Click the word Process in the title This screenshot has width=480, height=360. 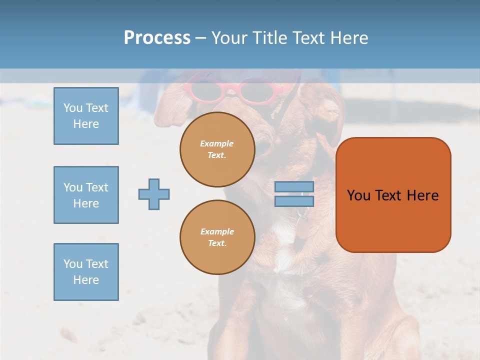coord(157,38)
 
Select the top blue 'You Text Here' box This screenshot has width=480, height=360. coord(86,116)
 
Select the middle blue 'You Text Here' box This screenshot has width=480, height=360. coord(86,195)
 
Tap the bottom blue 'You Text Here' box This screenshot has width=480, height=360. coord(86,272)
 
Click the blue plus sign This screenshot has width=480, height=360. coord(154,194)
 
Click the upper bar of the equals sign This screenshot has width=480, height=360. coord(294,187)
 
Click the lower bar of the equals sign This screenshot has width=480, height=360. coord(294,201)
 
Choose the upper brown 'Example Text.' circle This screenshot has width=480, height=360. coord(217,149)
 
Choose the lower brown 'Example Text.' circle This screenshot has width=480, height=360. coord(217,237)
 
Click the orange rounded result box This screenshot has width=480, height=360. coord(393,220)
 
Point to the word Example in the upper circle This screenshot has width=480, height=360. coord(217,143)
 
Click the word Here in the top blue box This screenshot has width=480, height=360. coord(86,124)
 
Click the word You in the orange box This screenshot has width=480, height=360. coord(358,195)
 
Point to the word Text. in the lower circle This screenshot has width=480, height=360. coord(217,243)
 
